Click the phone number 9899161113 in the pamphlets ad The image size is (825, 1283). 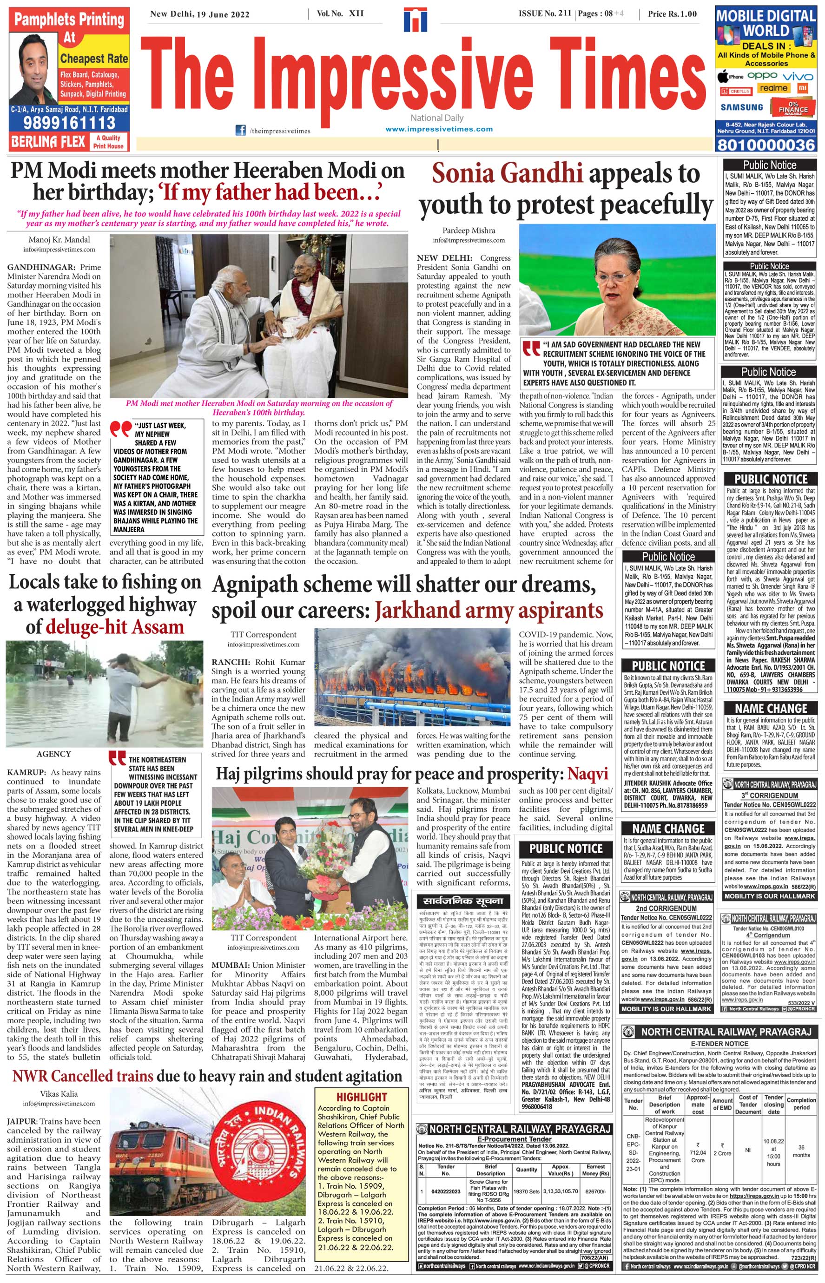tap(69, 123)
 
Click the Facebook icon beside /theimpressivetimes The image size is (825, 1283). tap(241, 130)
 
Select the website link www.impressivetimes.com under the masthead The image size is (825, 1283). tap(439, 129)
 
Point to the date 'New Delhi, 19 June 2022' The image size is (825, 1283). tap(199, 14)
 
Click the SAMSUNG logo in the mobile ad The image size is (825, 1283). tap(741, 107)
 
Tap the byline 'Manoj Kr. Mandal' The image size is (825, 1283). tap(59, 239)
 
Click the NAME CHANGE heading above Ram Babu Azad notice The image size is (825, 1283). tap(772, 709)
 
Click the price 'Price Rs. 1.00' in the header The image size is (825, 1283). tap(672, 14)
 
